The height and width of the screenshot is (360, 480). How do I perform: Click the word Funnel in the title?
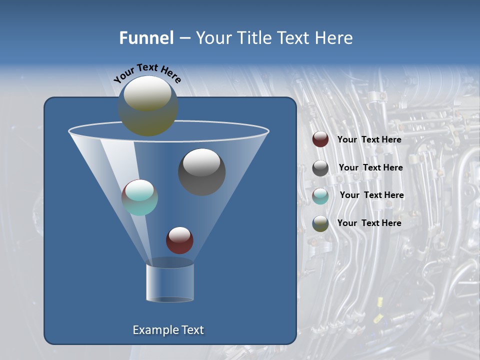pyautogui.click(x=146, y=37)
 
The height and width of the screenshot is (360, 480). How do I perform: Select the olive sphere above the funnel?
pyautogui.click(x=148, y=106)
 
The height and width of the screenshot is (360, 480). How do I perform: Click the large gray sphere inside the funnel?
pyautogui.click(x=201, y=171)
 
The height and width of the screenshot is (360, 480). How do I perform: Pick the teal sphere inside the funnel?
pyautogui.click(x=139, y=197)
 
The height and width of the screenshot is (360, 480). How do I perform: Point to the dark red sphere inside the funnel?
pyautogui.click(x=179, y=240)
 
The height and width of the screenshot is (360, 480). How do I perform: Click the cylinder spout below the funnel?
pyautogui.click(x=170, y=283)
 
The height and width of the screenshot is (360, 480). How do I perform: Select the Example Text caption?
pyautogui.click(x=168, y=330)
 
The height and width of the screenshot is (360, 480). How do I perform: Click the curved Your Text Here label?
pyautogui.click(x=147, y=73)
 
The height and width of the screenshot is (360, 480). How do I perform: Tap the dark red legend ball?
pyautogui.click(x=320, y=139)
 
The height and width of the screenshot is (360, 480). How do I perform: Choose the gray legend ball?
pyautogui.click(x=320, y=168)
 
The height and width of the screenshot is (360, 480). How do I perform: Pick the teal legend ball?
pyautogui.click(x=320, y=195)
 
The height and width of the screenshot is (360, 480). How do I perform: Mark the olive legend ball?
pyautogui.click(x=320, y=223)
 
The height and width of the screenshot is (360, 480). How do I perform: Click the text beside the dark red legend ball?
pyautogui.click(x=369, y=139)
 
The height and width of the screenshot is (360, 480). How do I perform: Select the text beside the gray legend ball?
pyautogui.click(x=370, y=167)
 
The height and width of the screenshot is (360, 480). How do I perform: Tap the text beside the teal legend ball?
pyautogui.click(x=371, y=195)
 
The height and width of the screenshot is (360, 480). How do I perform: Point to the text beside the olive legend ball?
pyautogui.click(x=369, y=223)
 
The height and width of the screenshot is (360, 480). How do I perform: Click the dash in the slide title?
pyautogui.click(x=184, y=38)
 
